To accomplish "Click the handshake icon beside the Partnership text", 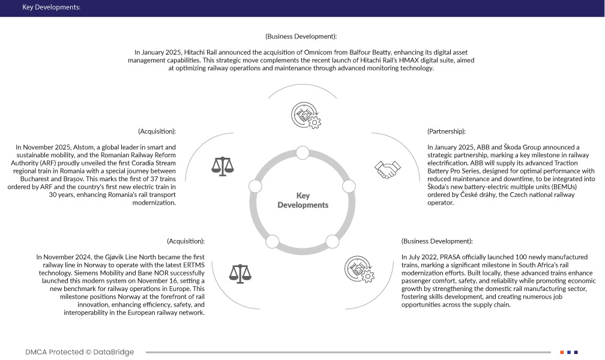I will tap(387, 169).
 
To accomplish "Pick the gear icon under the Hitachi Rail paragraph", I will tap(305, 115).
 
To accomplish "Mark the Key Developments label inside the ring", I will tap(303, 200).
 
